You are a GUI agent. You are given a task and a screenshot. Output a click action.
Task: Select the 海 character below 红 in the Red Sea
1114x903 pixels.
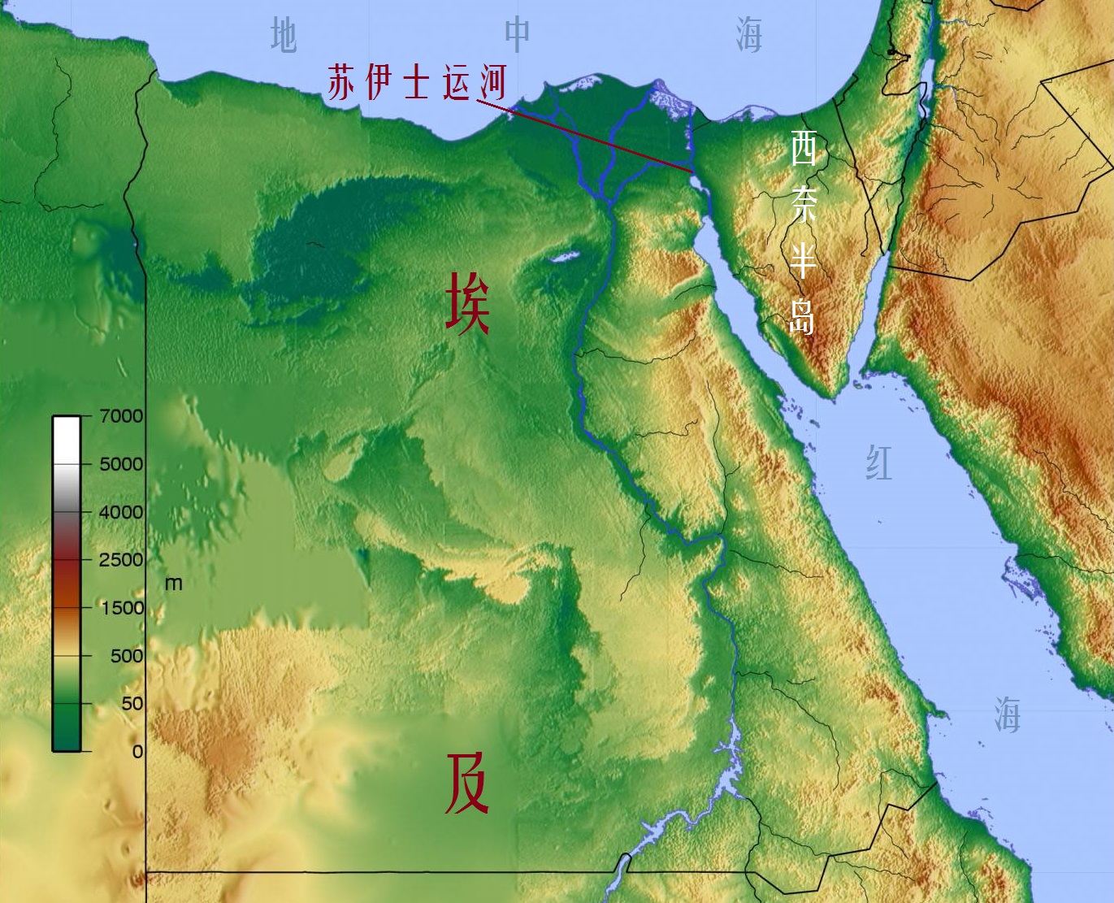pyautogui.click(x=1007, y=715)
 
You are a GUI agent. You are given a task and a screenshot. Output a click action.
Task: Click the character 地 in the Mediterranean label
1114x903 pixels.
pyautogui.click(x=283, y=36)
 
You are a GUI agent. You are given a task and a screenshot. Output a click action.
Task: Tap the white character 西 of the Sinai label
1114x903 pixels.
pyautogui.click(x=803, y=149)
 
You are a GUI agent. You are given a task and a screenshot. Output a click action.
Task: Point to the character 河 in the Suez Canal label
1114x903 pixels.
pyautogui.click(x=491, y=82)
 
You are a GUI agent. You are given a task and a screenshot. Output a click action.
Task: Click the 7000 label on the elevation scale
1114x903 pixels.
pyautogui.click(x=121, y=416)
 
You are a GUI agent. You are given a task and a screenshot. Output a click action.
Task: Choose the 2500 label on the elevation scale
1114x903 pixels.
pyautogui.click(x=121, y=559)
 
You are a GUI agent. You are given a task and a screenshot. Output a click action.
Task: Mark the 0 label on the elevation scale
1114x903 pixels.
pyautogui.click(x=137, y=751)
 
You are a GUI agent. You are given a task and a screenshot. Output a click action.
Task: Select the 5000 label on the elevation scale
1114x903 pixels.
pyautogui.click(x=121, y=464)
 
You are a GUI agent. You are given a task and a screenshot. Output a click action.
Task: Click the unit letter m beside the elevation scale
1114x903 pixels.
pyautogui.click(x=173, y=584)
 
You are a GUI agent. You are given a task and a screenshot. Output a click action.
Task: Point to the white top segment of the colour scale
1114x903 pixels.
pyautogui.click(x=67, y=439)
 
